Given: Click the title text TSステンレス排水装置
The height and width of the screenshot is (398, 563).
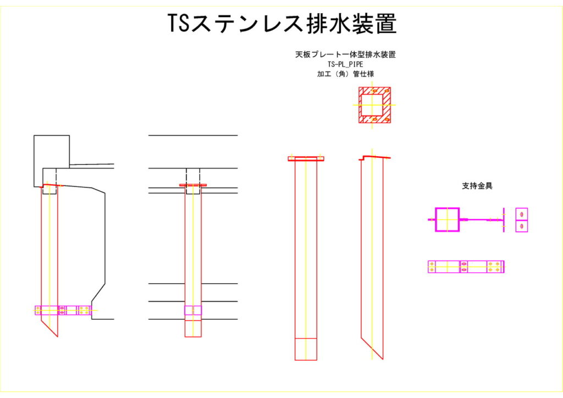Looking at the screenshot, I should [x=281, y=24].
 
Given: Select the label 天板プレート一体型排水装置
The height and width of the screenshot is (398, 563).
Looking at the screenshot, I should [x=346, y=55].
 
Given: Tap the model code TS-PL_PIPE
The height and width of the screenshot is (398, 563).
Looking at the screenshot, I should [x=345, y=64].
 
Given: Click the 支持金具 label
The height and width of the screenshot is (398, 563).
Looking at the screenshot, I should [x=477, y=186].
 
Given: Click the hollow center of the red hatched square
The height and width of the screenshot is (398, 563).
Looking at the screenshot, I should [x=374, y=104].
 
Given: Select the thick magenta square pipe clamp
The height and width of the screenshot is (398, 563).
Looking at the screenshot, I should [x=447, y=219].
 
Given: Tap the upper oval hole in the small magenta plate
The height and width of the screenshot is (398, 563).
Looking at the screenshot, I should [x=521, y=214].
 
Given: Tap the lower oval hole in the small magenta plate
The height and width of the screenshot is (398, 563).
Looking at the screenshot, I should [x=521, y=226].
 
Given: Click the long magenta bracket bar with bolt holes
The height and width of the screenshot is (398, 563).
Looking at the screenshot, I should [x=466, y=267].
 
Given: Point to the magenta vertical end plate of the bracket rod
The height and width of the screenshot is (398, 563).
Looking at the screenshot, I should [x=503, y=219].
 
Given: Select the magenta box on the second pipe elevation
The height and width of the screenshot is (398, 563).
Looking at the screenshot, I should [x=193, y=310].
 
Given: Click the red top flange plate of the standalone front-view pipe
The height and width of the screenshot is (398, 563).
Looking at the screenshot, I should [x=306, y=159].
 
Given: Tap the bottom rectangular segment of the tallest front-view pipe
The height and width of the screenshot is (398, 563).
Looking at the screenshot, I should [x=306, y=349].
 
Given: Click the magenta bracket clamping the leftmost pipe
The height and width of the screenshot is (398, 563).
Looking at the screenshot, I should [x=63, y=310].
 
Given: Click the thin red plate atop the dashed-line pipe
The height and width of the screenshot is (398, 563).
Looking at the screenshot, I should [x=193, y=185].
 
